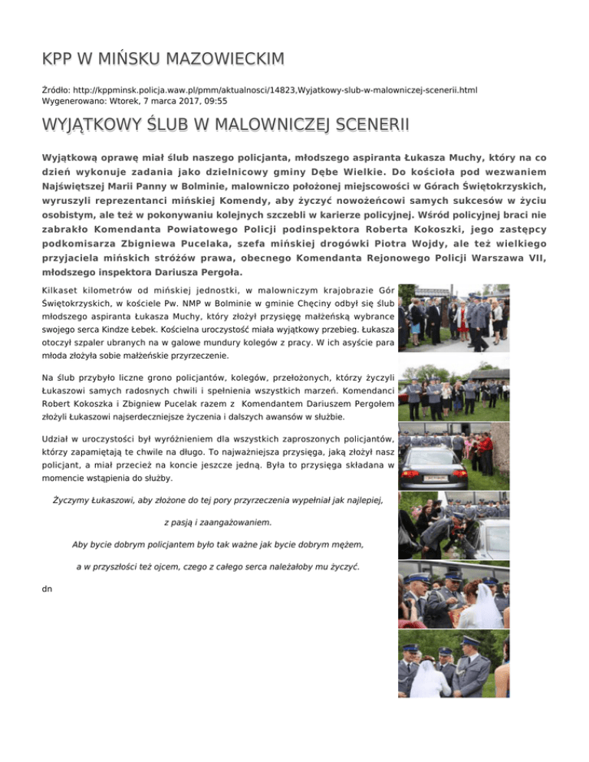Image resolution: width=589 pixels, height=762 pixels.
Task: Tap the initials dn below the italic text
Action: pyautogui.click(x=48, y=590)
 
